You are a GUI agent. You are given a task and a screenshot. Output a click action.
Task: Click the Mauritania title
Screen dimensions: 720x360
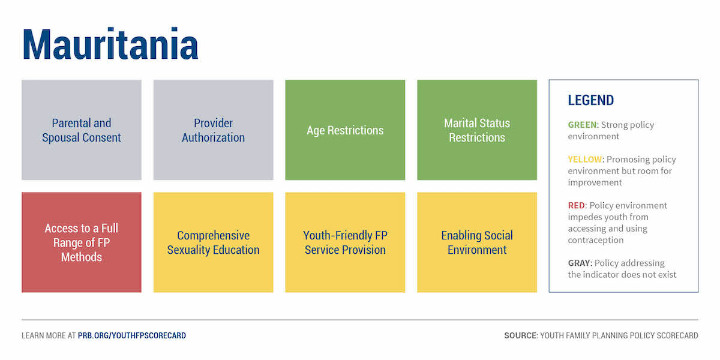[110, 44]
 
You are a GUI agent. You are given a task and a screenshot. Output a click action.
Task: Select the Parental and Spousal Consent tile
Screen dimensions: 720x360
[82, 130]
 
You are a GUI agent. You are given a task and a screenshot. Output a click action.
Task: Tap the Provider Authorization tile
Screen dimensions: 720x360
[214, 130]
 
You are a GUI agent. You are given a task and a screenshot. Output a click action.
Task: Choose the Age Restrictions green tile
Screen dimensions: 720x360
[345, 130]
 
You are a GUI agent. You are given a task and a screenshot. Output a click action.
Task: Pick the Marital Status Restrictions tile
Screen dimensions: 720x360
[477, 130]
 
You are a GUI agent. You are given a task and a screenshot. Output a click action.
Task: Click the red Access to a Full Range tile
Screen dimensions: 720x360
[82, 242]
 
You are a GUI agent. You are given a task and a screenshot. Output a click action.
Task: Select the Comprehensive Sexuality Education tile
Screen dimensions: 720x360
[214, 242]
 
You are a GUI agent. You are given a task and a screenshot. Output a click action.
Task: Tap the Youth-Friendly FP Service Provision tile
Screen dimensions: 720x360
[345, 242]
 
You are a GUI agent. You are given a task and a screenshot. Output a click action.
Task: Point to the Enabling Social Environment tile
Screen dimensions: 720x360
[477, 242]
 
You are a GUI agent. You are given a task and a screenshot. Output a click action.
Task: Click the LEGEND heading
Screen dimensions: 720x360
[591, 100]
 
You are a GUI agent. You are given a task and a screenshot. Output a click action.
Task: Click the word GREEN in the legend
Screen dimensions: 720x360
[582, 125]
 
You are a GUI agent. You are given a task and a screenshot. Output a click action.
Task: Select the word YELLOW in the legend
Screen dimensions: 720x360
[584, 160]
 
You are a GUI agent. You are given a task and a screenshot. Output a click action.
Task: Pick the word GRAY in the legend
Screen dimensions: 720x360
[579, 263]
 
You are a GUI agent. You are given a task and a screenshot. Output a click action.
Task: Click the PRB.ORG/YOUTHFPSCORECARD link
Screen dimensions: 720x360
[132, 335]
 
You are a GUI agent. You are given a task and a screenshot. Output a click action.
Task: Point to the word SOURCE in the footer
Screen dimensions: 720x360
[520, 335]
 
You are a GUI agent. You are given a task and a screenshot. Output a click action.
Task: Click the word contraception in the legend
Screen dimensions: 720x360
[596, 240]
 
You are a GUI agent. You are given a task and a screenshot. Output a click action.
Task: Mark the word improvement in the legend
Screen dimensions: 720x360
[595, 182]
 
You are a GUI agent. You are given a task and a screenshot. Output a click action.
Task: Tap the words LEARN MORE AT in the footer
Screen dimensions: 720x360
[49, 335]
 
